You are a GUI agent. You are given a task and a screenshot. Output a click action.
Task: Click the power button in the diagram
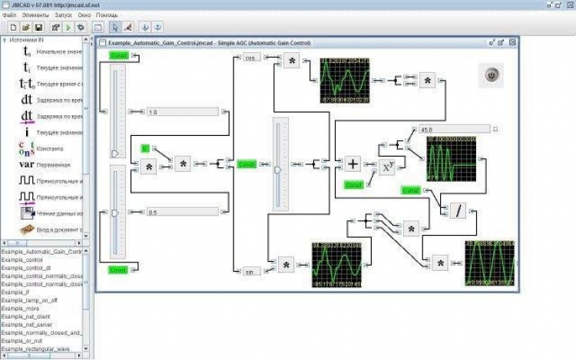(492, 75)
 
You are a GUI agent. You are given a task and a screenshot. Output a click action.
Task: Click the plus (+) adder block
(352, 163)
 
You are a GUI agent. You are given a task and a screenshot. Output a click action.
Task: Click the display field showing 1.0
(182, 112)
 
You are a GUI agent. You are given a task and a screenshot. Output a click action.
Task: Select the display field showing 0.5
(182, 212)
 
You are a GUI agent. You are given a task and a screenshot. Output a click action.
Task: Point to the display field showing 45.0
(452, 129)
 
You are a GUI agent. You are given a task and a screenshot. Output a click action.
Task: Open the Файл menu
(10, 15)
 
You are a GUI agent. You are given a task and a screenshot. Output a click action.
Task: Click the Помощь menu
(107, 15)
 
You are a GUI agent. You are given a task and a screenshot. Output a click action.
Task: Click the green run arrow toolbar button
(68, 28)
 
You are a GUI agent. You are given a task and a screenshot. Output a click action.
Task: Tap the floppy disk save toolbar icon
(38, 28)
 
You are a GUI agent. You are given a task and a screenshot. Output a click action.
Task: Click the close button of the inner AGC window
(511, 41)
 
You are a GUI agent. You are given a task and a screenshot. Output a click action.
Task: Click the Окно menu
(83, 15)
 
